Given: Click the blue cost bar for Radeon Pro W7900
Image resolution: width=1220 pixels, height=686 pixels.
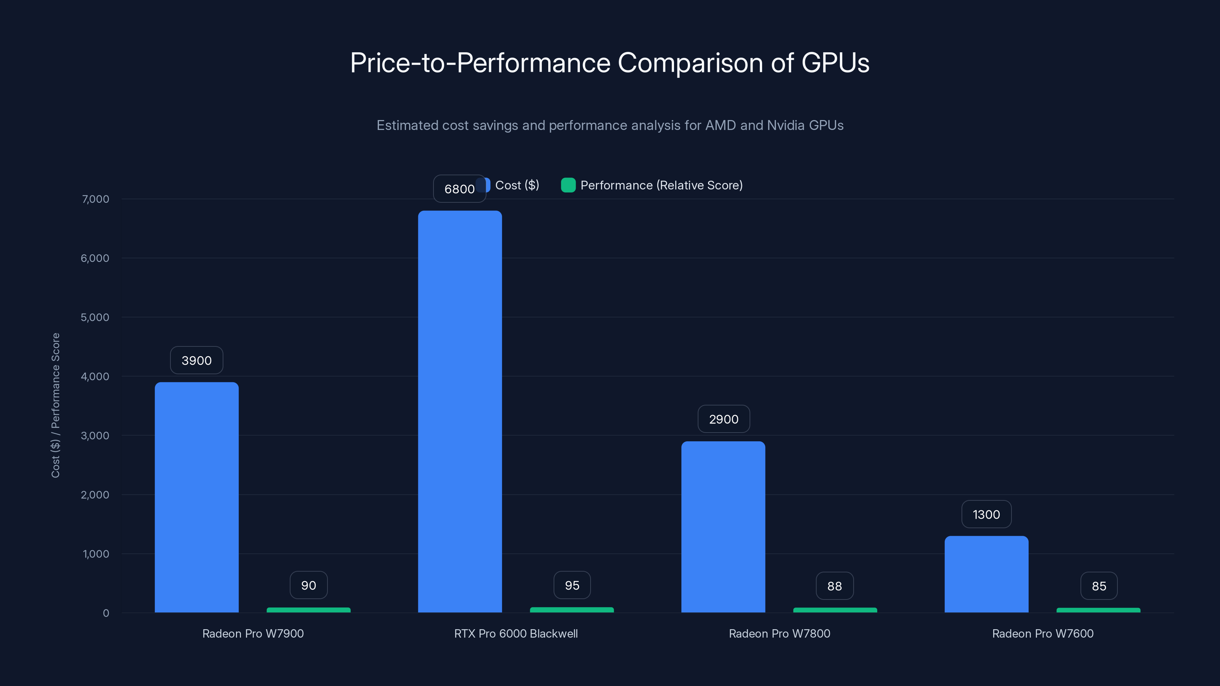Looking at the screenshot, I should tap(197, 497).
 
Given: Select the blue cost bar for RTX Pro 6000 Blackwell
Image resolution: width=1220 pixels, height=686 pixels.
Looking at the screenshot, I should tap(460, 412).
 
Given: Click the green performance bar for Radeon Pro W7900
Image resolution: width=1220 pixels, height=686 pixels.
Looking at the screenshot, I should tap(308, 610).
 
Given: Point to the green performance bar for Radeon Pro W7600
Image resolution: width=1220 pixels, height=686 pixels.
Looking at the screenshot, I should tap(1098, 610).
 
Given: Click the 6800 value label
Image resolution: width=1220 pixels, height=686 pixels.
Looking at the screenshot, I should tap(459, 189).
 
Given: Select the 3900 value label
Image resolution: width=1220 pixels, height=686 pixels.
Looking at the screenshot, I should tap(197, 360).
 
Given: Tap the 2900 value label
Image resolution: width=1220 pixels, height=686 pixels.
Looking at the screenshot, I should tap(723, 419).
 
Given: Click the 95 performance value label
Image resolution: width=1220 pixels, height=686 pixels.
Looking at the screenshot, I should tap(572, 585).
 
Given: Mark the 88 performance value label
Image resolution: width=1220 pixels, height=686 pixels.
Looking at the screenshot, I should tap(835, 586).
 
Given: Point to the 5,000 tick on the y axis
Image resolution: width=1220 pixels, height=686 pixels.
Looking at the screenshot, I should tap(95, 317).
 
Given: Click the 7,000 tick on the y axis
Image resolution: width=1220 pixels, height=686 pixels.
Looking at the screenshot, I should tap(95, 199).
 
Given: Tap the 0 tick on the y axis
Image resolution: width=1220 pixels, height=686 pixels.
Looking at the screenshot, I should tap(106, 613).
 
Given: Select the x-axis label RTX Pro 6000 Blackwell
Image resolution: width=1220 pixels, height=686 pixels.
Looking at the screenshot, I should tap(516, 633).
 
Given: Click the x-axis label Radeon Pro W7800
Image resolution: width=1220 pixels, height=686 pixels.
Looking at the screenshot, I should tap(779, 633).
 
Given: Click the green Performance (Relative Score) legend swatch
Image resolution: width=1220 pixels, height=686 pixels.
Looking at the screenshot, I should tap(568, 185).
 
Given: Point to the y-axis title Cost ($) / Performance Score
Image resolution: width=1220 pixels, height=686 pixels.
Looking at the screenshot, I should tap(55, 405).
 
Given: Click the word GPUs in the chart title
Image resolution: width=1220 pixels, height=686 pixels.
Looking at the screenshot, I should tap(835, 63).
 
